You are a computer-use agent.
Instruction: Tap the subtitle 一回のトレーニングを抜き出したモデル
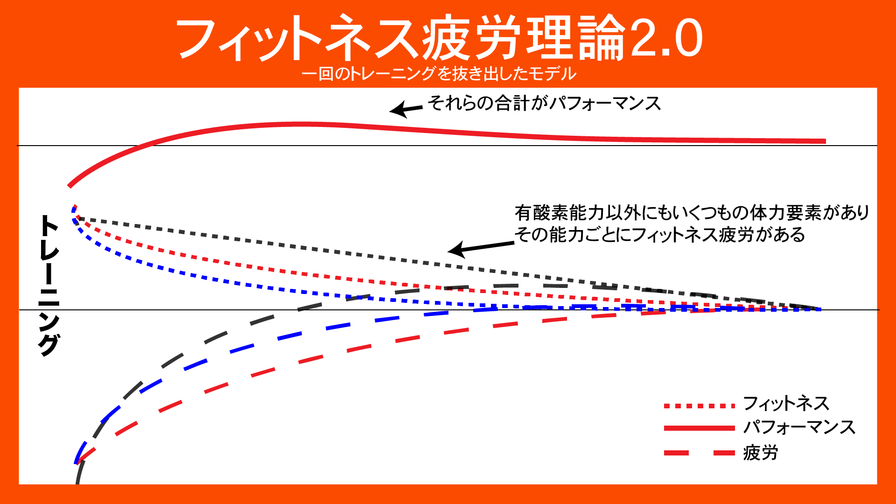coord(439,74)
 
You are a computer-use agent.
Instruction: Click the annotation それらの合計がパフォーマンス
coord(544,103)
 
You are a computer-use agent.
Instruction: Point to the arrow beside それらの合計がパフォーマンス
coord(406,109)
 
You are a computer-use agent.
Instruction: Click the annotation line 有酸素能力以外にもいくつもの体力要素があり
coord(692,213)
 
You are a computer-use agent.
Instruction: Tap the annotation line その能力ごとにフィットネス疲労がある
coord(659,234)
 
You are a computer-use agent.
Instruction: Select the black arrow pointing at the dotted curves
coord(481,247)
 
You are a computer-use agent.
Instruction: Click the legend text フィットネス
coord(786,403)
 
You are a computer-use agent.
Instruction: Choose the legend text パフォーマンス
coord(799,427)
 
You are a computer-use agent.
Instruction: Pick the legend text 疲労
coord(760,452)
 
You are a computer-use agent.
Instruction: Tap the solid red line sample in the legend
coord(700,428)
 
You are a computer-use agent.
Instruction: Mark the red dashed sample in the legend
coord(700,453)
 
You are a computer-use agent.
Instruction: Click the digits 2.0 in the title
coord(665,38)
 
